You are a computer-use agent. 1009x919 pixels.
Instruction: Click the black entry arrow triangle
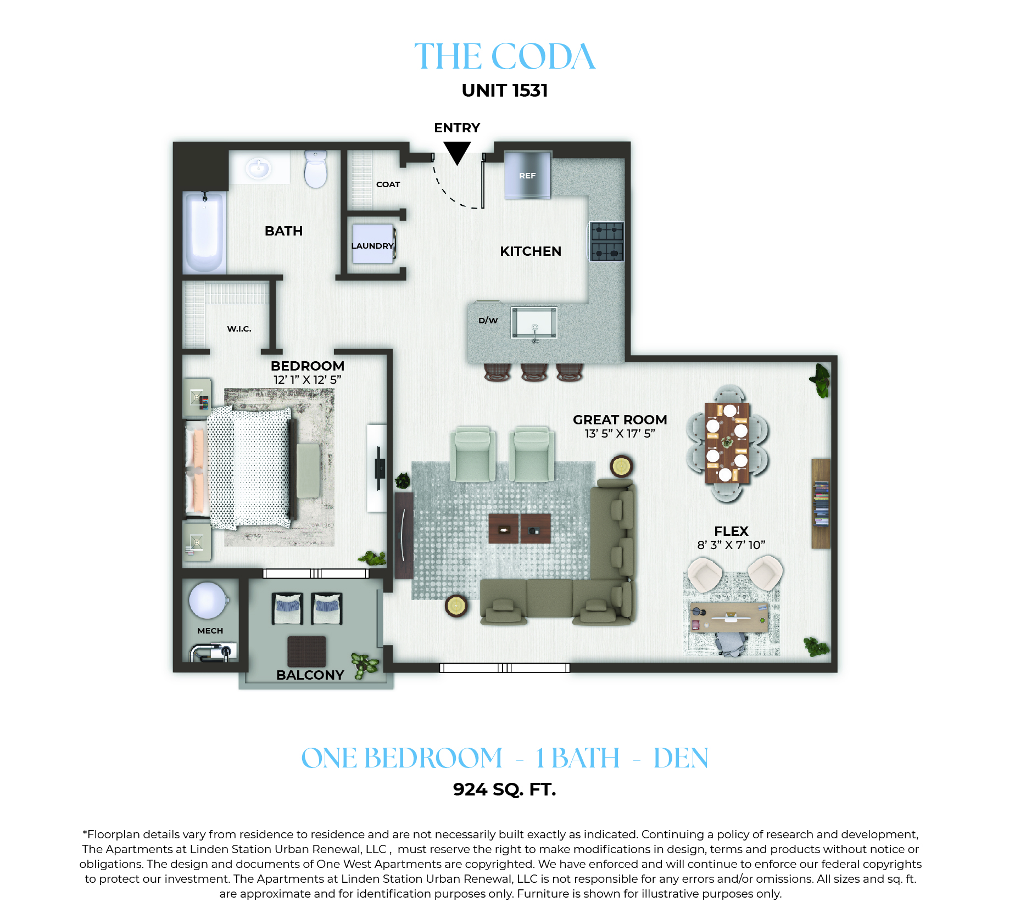pyautogui.click(x=457, y=152)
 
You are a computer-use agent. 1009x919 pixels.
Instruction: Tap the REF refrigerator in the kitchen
pyautogui.click(x=527, y=175)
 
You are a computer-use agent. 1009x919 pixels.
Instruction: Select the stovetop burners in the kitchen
pyautogui.click(x=606, y=242)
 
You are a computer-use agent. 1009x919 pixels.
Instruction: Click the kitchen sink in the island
pyautogui.click(x=534, y=323)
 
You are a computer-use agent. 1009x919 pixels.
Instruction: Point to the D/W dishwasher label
pyautogui.click(x=488, y=321)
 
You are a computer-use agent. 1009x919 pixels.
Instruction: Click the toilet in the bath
pyautogui.click(x=316, y=169)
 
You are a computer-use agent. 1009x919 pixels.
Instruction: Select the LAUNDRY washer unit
pyautogui.click(x=374, y=244)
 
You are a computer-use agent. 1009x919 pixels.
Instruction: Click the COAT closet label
pyautogui.click(x=388, y=184)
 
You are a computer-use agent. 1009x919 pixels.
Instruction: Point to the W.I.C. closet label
pyautogui.click(x=239, y=329)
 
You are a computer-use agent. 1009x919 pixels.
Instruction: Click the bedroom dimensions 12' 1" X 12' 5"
pyautogui.click(x=308, y=379)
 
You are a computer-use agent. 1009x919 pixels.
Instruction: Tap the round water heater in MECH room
pyautogui.click(x=208, y=600)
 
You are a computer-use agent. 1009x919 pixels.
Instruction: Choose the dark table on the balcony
pyautogui.click(x=306, y=651)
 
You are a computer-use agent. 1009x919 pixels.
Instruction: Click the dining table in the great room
pyautogui.click(x=727, y=443)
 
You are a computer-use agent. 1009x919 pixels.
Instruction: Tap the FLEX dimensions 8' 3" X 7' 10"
pyautogui.click(x=731, y=545)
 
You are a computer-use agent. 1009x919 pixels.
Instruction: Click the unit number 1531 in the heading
pyautogui.click(x=530, y=91)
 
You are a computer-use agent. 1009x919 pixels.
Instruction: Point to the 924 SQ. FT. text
pyautogui.click(x=504, y=789)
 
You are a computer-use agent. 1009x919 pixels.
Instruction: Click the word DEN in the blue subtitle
pyautogui.click(x=681, y=758)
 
